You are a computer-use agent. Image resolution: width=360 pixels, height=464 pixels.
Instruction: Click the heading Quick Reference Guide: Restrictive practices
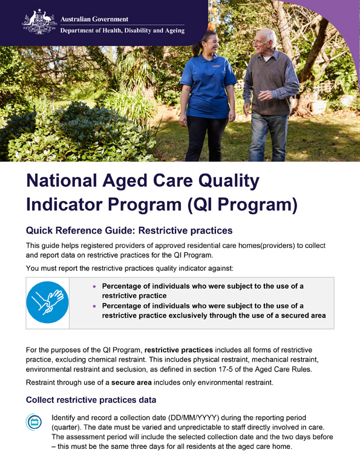point(129,230)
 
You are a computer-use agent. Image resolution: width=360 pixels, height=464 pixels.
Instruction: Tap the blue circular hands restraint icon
point(47,302)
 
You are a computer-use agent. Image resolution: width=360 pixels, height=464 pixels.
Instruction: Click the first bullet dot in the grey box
point(94,286)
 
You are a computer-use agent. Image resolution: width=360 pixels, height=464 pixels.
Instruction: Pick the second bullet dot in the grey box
point(94,306)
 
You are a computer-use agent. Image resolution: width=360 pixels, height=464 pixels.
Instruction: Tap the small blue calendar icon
point(35,423)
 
